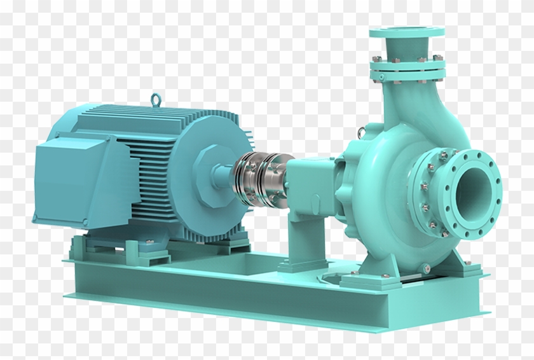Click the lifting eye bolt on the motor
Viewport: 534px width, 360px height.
pos(154,99)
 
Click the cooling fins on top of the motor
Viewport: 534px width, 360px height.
pos(165,125)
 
